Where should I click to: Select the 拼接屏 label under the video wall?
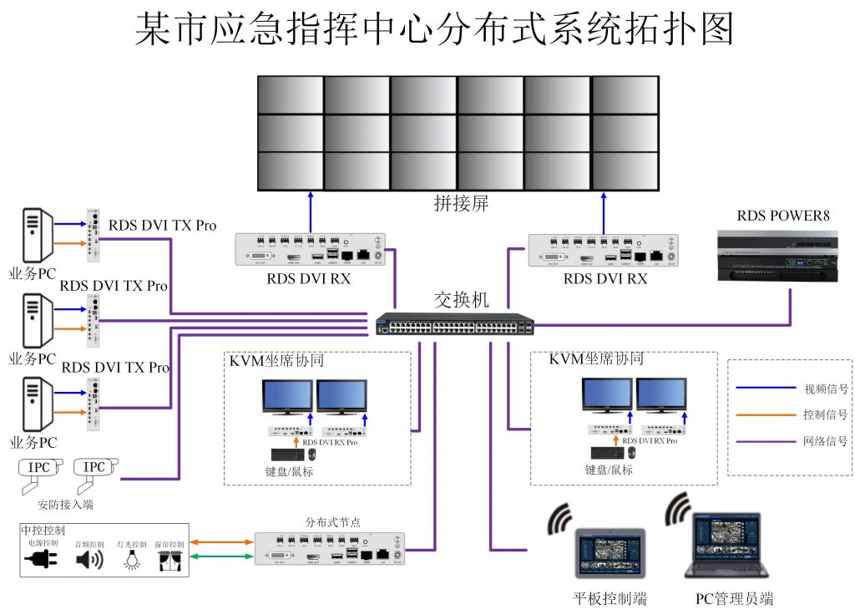tap(460, 203)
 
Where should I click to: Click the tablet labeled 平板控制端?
tap(610, 553)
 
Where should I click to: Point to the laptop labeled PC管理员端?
tap(726, 547)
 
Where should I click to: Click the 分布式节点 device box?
tap(330, 550)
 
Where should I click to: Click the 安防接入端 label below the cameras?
tap(65, 505)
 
